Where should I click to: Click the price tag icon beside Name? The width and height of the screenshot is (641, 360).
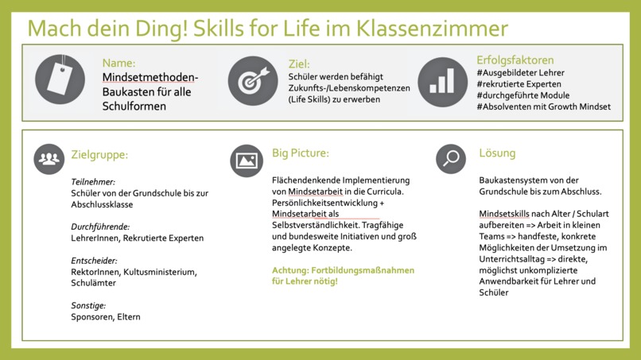(x=60, y=79)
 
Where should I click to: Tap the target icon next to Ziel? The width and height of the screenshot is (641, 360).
(x=253, y=80)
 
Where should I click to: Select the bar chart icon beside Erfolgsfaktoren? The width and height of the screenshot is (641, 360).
(x=442, y=80)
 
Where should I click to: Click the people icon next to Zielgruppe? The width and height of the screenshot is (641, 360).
(x=49, y=159)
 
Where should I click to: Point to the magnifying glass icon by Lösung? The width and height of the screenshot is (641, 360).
(x=451, y=159)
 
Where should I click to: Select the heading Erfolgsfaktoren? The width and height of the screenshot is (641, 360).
(x=515, y=60)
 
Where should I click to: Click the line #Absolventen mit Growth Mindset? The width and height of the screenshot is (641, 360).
(x=543, y=106)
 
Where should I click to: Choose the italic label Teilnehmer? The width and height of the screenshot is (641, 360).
(x=93, y=181)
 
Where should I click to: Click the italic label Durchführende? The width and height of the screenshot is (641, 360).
(x=100, y=226)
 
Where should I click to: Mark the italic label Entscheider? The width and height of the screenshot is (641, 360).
(x=94, y=260)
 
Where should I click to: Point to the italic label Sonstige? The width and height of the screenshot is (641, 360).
(x=88, y=305)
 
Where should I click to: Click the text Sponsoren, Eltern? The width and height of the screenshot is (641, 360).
(x=107, y=317)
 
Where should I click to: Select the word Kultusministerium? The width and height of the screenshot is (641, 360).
(x=161, y=272)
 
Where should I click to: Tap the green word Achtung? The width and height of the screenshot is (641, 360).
(x=292, y=270)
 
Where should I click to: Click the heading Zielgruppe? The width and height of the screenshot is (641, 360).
(x=99, y=156)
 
